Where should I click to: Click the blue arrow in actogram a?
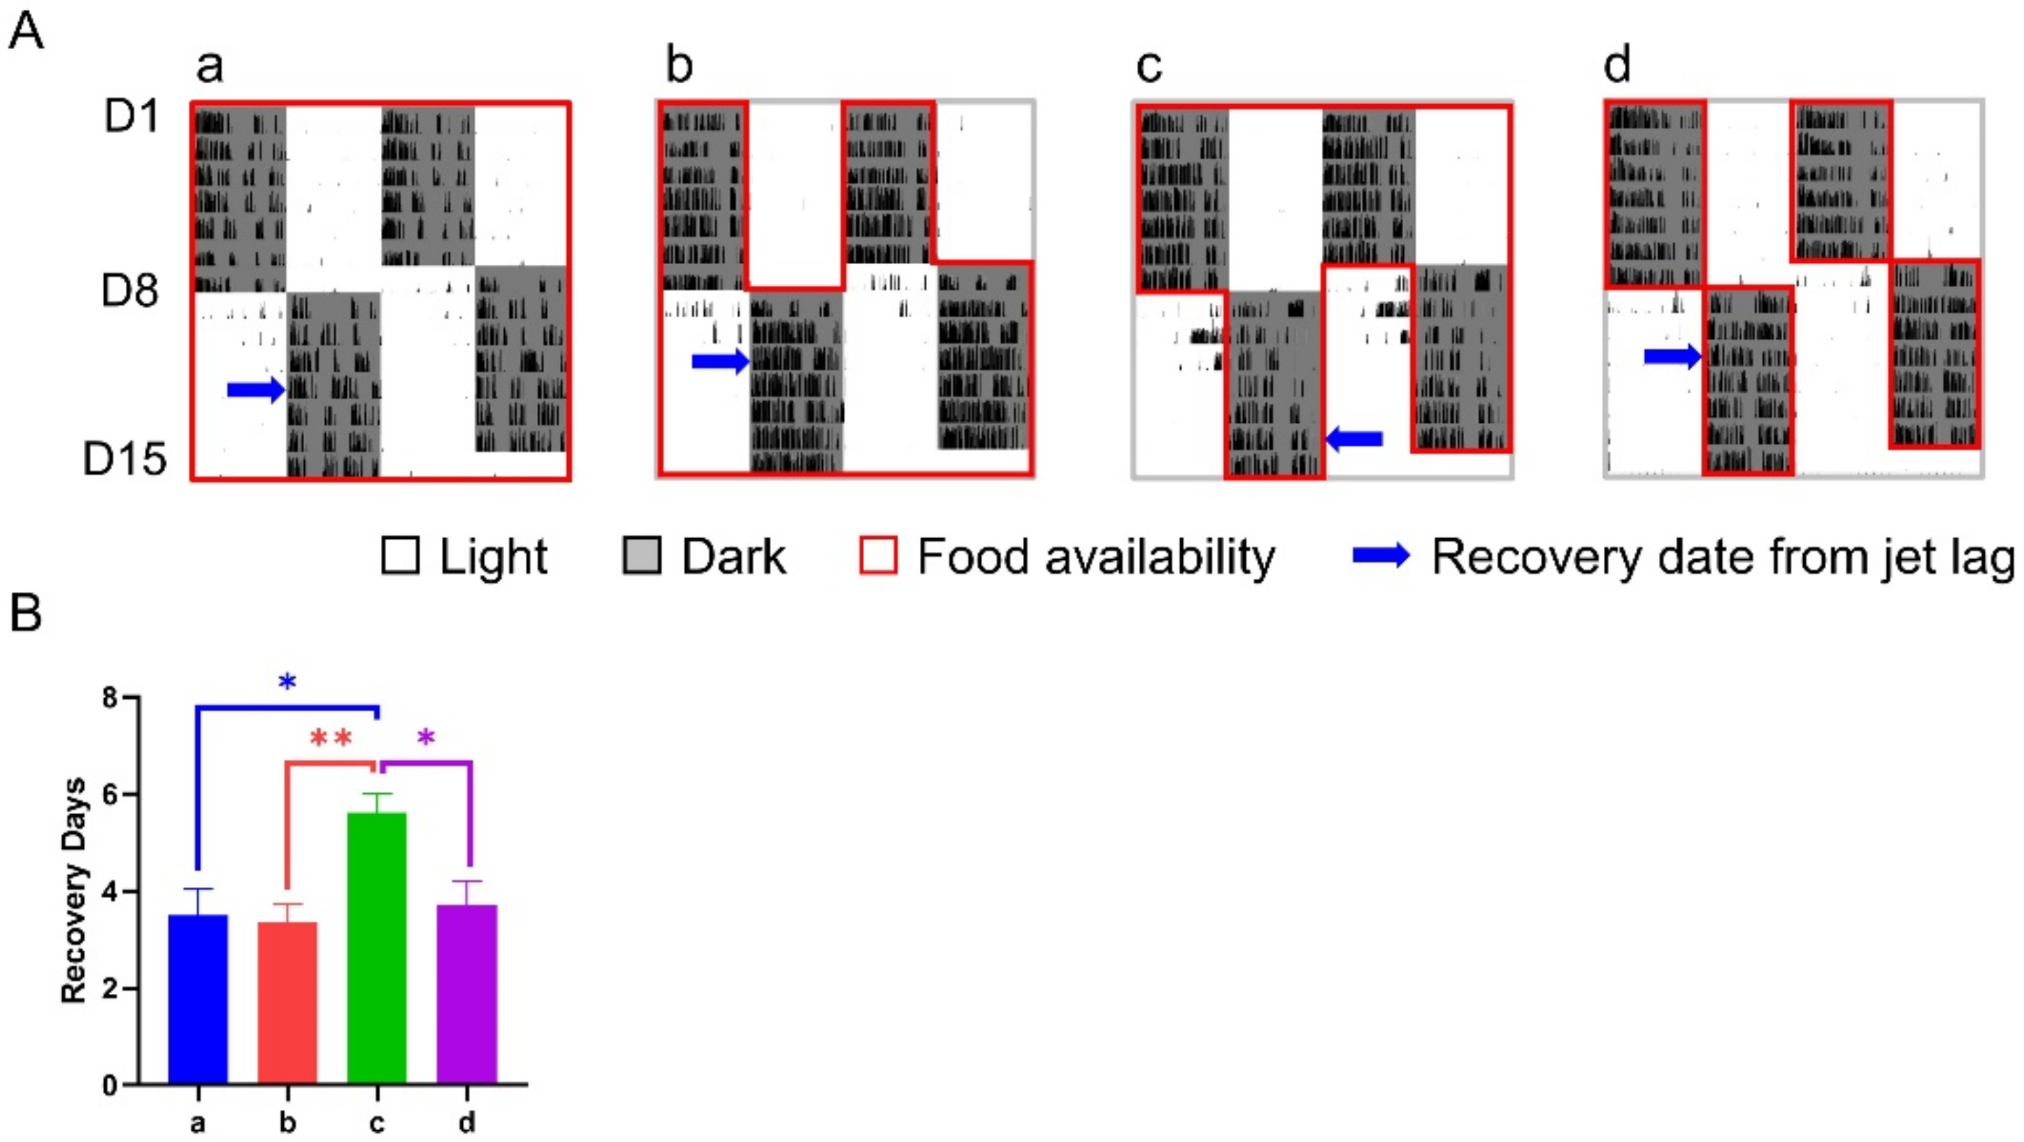(255, 389)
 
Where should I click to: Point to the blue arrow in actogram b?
(719, 361)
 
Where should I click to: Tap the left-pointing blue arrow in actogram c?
(1354, 439)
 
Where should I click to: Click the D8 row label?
(129, 291)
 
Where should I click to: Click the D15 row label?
(125, 459)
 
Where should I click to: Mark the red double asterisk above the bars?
(331, 738)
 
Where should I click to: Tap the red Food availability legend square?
(877, 556)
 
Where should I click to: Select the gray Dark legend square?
(641, 556)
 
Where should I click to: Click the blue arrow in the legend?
(1381, 556)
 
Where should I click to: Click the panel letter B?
(26, 614)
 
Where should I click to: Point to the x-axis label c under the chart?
(377, 1123)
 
